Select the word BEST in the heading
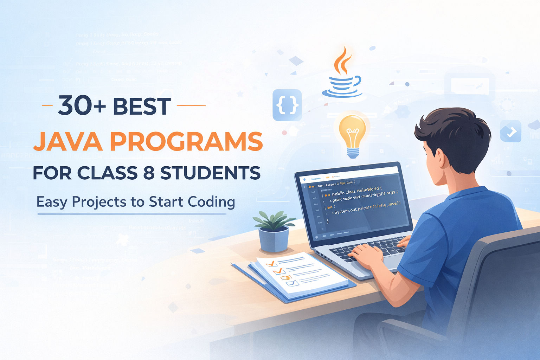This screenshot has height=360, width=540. (x=142, y=106)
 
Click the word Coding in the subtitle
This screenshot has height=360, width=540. (x=211, y=202)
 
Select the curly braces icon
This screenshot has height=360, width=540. (x=287, y=105)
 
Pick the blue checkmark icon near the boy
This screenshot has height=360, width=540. (x=510, y=131)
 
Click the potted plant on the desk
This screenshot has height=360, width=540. (x=274, y=230)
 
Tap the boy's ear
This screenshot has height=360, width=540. (x=439, y=157)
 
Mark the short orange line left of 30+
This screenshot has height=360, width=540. (x=47, y=105)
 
